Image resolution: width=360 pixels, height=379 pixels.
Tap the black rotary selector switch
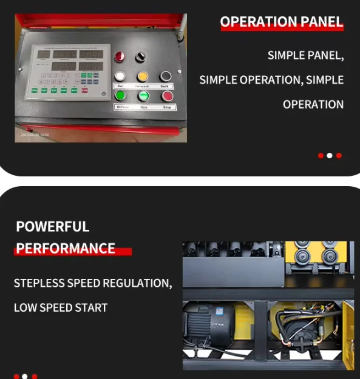(x=141, y=56)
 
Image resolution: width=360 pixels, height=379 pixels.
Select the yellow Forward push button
(x=143, y=76)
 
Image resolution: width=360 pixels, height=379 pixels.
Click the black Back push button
(x=165, y=76)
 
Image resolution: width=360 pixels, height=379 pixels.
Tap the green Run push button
(x=143, y=96)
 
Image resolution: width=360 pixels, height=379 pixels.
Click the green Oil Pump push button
(x=121, y=96)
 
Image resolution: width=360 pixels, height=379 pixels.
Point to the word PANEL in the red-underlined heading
(x=321, y=22)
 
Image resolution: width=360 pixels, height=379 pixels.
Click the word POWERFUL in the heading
(x=52, y=227)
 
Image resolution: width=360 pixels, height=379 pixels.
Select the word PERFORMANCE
(x=66, y=249)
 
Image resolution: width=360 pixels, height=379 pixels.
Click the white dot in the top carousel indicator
(x=330, y=156)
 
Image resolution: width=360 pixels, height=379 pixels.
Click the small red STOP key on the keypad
(x=84, y=90)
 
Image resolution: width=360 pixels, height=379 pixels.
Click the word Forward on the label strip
(x=142, y=86)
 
